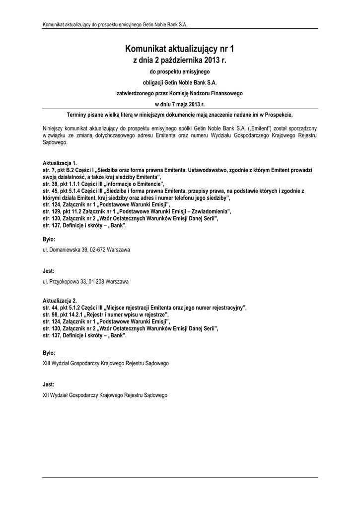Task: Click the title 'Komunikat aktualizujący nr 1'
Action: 180,49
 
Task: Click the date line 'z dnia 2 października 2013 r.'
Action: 180,61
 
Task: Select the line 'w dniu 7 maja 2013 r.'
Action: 180,104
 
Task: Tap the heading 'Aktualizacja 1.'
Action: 60,163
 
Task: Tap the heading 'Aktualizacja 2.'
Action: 60,301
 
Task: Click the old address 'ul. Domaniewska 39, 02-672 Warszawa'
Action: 86,250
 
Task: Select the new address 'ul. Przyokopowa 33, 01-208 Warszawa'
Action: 85,282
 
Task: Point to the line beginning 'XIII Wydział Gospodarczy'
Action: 106,363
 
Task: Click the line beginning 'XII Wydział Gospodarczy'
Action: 105,395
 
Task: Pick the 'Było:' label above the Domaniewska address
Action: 49,239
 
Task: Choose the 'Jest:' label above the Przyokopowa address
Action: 49,271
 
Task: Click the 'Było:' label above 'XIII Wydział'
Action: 49,353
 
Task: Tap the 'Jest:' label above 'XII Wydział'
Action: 49,384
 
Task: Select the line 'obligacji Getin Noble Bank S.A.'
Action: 180,82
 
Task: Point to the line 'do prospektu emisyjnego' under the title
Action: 180,72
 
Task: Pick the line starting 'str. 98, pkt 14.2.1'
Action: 106,315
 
